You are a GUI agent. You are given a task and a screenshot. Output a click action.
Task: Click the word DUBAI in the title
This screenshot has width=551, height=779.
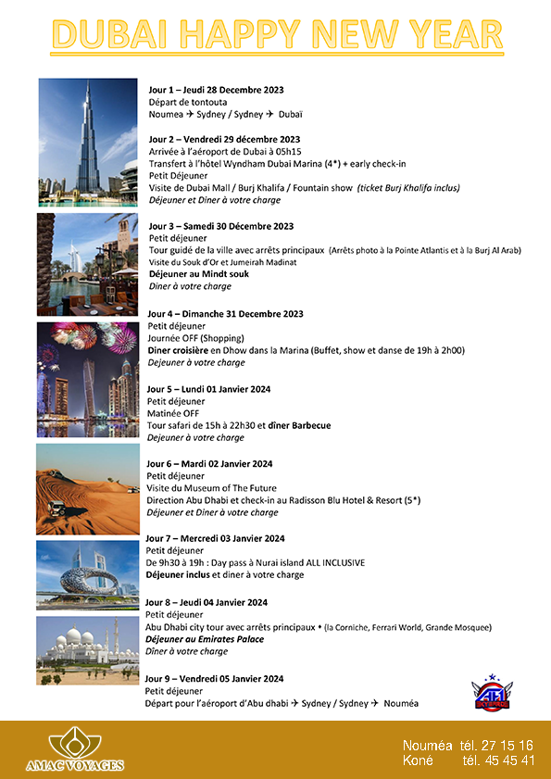115,36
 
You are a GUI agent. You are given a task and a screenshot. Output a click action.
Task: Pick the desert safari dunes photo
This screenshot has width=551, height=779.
87,488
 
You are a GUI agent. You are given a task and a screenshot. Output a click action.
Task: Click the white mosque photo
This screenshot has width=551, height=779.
87,651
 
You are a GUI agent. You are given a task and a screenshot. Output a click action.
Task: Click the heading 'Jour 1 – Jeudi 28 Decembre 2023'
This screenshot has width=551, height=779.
216,90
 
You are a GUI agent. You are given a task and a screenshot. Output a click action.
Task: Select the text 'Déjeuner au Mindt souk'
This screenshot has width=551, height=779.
197,274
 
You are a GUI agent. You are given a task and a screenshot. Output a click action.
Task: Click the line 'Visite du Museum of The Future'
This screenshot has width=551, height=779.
211,488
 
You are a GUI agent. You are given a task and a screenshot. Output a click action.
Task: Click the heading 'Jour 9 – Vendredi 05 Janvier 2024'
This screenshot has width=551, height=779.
214,678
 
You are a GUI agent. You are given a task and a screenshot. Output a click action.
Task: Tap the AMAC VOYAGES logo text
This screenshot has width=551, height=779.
75,765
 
